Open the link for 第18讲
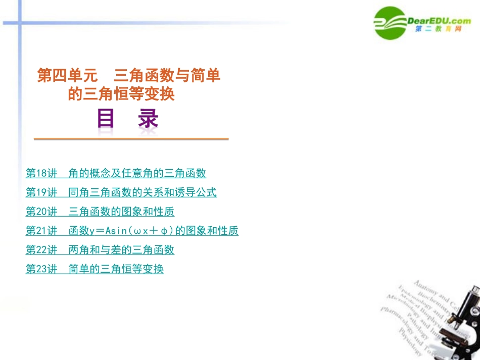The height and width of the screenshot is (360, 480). (116, 173)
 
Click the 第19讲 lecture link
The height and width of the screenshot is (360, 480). (121, 192)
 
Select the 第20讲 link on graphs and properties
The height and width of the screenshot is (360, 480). (100, 212)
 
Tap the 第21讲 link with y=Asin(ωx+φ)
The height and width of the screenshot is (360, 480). (132, 231)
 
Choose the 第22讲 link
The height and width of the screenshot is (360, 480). (100, 250)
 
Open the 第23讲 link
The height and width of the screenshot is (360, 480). (94, 269)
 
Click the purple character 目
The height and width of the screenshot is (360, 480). (106, 119)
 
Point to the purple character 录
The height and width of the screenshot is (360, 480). (148, 119)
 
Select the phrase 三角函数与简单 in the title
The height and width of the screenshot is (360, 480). (167, 76)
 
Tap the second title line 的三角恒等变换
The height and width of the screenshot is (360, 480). (121, 94)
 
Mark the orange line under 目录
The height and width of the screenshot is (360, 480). (131, 139)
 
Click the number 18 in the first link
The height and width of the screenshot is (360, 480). (42, 173)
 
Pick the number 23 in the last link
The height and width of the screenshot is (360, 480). (42, 269)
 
